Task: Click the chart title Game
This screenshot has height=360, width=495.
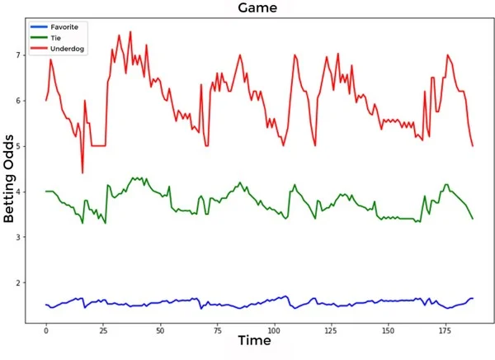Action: [x=257, y=8]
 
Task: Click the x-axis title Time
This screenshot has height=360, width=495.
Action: [x=255, y=340]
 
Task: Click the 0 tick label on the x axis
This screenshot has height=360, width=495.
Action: [x=46, y=330]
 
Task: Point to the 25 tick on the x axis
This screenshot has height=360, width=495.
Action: [x=103, y=330]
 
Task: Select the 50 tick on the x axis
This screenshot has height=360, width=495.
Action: [x=160, y=330]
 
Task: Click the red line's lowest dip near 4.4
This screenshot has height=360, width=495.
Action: [x=82, y=173]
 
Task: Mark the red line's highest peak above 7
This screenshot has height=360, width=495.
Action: [x=130, y=32]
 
